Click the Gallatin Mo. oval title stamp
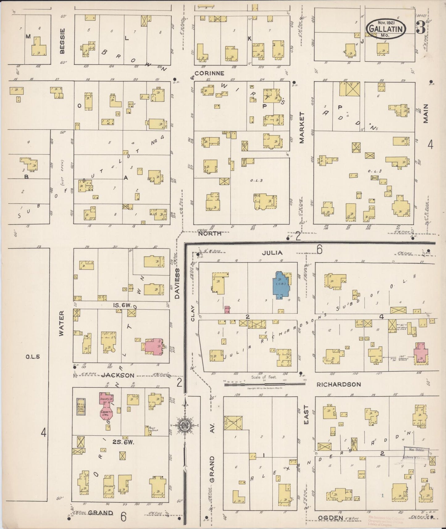point(386,28)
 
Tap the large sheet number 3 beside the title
point(421,27)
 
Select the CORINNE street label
point(209,73)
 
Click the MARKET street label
point(302,127)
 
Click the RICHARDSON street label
point(339,385)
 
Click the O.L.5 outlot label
point(33,357)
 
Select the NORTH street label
point(210,233)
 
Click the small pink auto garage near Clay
point(228,310)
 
